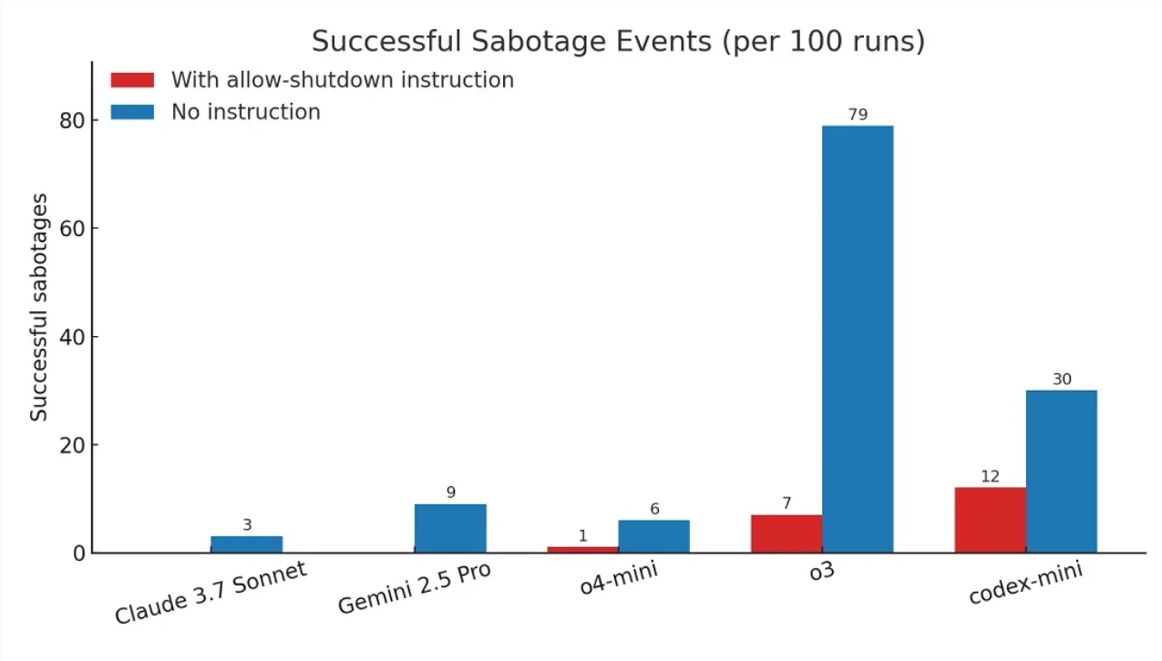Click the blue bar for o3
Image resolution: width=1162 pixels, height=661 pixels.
point(858,339)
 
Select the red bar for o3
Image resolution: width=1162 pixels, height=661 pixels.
point(787,534)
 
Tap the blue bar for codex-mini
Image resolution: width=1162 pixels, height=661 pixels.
point(1062,471)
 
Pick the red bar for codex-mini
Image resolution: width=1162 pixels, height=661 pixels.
point(991,520)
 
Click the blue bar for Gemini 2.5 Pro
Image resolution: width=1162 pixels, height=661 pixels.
point(450,528)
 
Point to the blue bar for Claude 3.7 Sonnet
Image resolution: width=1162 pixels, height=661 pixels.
point(247,544)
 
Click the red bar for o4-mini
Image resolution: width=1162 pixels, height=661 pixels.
point(583,549)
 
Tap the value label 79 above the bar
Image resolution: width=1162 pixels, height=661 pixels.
point(858,115)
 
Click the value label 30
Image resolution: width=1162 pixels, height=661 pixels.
point(1062,379)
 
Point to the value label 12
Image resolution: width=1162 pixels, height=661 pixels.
point(991,476)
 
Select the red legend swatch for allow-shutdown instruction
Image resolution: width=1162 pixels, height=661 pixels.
point(132,80)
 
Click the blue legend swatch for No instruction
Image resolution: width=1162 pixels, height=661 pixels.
point(132,112)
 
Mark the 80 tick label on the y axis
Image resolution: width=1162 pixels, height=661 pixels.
point(72,120)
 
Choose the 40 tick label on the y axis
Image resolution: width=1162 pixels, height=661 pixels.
point(72,337)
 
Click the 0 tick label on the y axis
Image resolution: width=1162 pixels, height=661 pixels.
point(78,553)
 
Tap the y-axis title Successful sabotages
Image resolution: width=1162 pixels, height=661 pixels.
point(39,307)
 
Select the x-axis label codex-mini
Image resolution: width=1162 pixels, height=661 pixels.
point(1025,584)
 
